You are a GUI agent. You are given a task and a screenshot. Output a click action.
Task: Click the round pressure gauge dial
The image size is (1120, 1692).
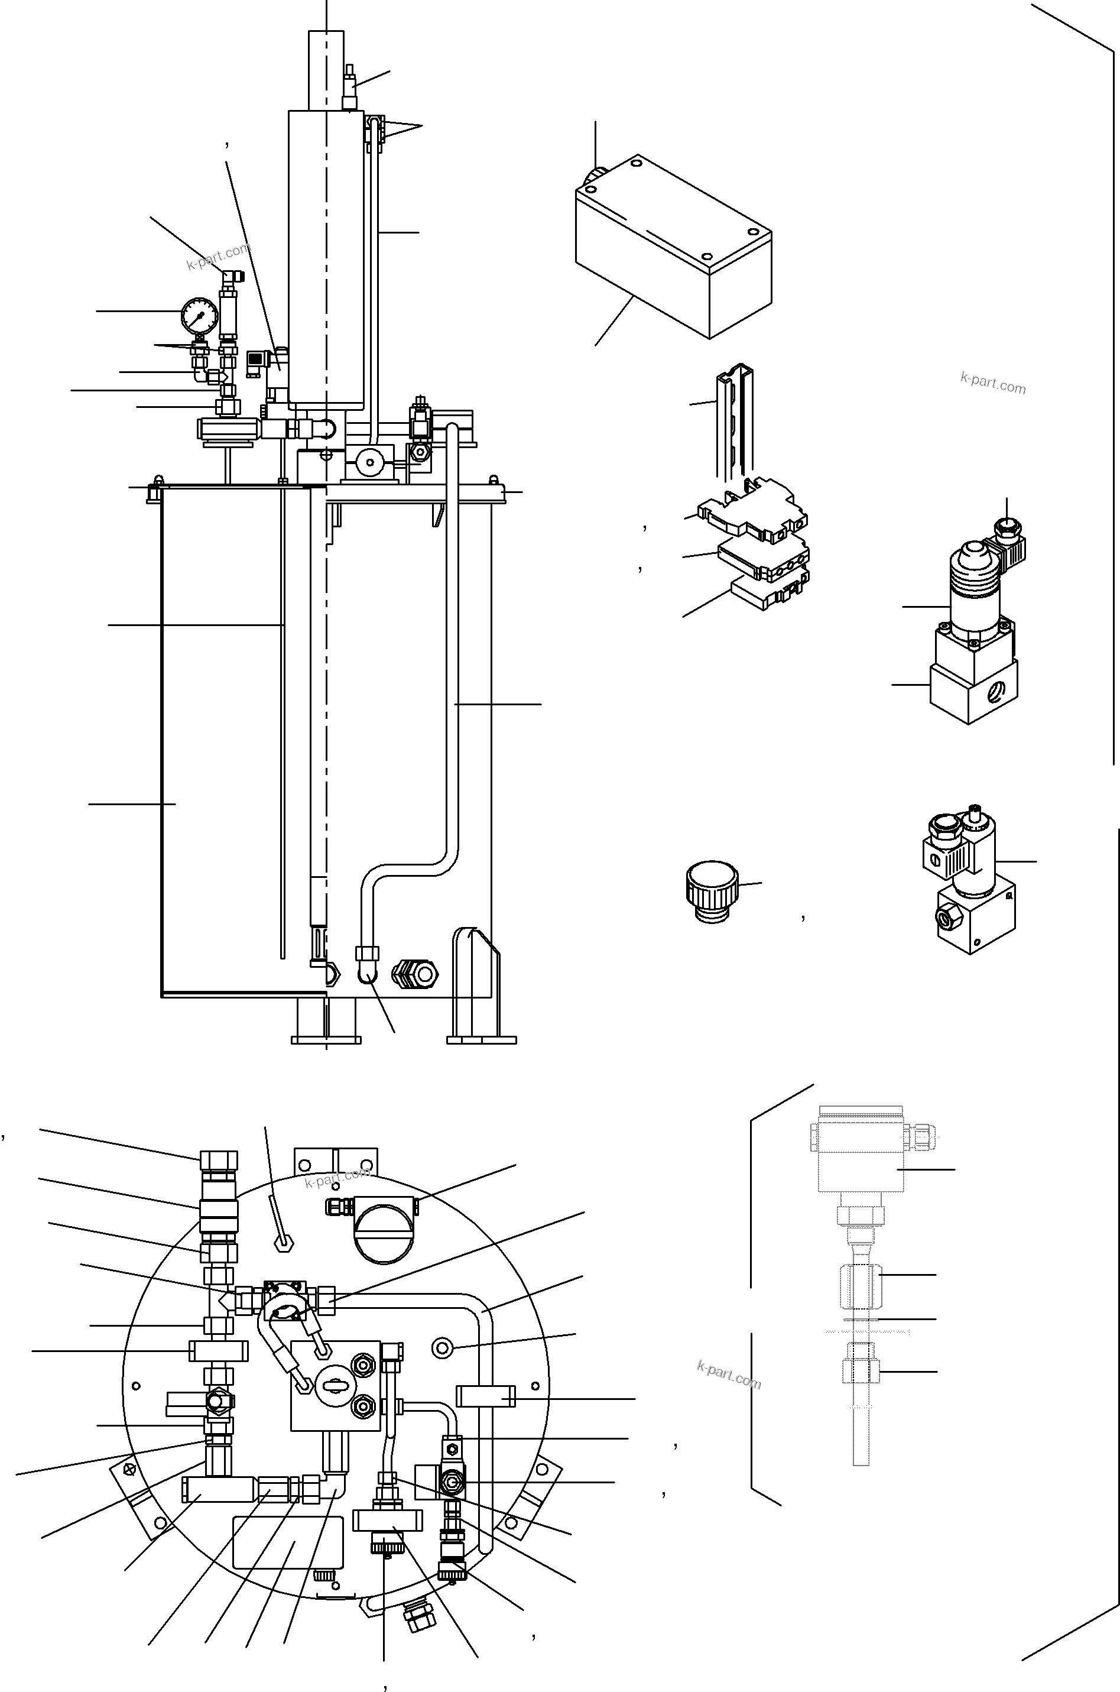pyautogui.click(x=199, y=315)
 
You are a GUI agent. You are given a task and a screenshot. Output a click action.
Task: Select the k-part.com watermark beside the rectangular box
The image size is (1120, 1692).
pyautogui.click(x=992, y=384)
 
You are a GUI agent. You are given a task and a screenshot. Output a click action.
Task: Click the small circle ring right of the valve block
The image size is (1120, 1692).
pyautogui.click(x=442, y=1347)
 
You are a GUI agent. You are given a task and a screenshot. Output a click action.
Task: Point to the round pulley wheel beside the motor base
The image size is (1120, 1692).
pyautogui.click(x=370, y=463)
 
